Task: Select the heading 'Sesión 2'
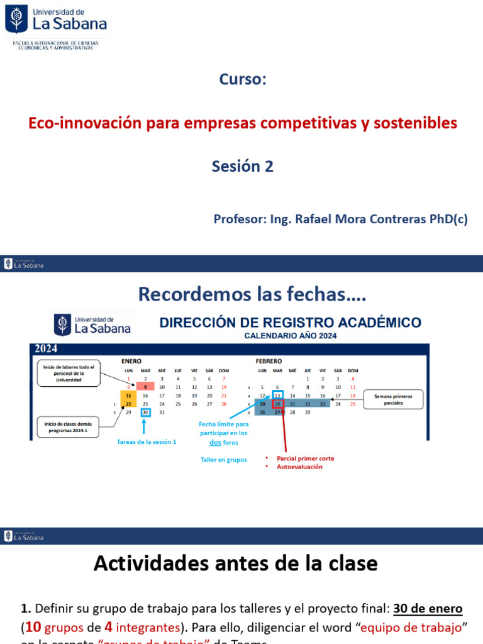[242, 166]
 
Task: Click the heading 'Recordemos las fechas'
[252, 294]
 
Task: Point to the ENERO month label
[131, 362]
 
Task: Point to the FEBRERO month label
[269, 362]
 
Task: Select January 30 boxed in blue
[145, 412]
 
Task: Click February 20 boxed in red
[277, 404]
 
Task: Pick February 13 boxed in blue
[277, 396]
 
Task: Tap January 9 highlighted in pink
[145, 387]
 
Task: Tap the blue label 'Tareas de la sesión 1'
[147, 442]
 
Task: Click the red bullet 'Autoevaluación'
[300, 467]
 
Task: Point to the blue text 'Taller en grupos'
[223, 460]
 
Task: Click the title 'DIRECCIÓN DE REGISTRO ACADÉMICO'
[290, 323]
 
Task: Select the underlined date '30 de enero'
[428, 609]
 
